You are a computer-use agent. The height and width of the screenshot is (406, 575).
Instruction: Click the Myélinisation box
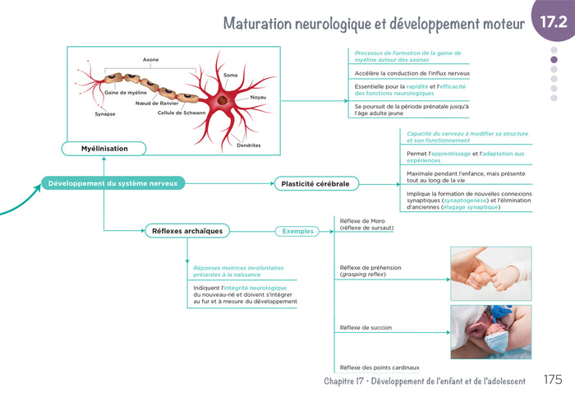[103, 149]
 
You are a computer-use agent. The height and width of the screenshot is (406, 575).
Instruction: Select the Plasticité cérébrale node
[316, 184]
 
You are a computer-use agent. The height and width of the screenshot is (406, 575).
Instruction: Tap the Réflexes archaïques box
[187, 231]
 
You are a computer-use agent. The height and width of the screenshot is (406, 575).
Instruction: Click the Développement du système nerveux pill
[113, 183]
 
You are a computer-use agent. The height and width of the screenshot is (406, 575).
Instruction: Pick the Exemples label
[297, 232]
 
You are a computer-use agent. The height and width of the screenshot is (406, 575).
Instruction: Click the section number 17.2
[554, 22]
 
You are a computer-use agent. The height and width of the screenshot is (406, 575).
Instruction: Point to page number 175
[553, 379]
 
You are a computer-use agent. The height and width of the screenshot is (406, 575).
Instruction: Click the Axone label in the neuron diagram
[150, 59]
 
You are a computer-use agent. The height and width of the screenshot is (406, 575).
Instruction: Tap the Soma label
[230, 75]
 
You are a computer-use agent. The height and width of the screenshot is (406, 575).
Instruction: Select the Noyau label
[258, 97]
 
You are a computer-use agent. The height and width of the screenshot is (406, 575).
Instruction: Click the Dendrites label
[249, 145]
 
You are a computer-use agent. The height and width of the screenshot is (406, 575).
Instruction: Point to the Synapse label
[105, 114]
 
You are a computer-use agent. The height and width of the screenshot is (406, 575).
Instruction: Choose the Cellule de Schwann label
[182, 113]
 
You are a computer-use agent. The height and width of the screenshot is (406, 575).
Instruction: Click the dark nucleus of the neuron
[223, 100]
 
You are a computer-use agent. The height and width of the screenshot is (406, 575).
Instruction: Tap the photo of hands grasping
[491, 274]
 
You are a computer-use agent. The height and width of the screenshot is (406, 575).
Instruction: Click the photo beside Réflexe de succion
[491, 332]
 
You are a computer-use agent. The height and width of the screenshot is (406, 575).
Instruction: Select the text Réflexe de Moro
[362, 221]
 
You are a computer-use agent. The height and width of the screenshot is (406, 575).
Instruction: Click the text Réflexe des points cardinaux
[379, 367]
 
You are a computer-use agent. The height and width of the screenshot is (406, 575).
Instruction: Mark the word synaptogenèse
[466, 201]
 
